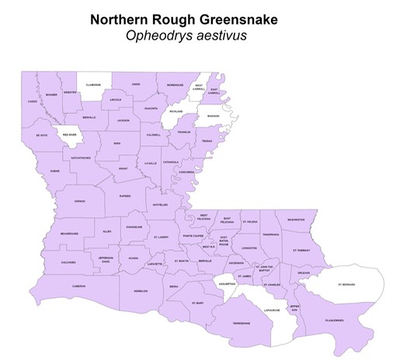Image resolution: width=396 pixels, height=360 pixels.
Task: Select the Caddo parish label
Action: pyautogui.click(x=32, y=101)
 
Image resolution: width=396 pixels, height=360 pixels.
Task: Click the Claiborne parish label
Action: pyautogui.click(x=94, y=85)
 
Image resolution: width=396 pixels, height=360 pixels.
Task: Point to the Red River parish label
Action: pyautogui.click(x=69, y=134)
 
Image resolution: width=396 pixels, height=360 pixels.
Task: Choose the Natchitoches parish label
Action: pyautogui.click(x=81, y=157)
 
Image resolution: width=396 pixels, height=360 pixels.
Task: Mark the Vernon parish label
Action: pyautogui.click(x=79, y=200)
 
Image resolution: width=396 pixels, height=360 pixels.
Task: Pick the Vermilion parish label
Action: pyautogui.click(x=141, y=290)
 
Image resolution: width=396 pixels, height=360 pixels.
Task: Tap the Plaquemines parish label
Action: pyautogui.click(x=333, y=319)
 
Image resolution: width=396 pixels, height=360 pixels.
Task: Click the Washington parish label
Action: pyautogui.click(x=296, y=220)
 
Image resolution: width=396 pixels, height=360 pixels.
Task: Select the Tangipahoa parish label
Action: pyautogui.click(x=271, y=234)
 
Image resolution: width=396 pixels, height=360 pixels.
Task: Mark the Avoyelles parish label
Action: pyautogui.click(x=160, y=205)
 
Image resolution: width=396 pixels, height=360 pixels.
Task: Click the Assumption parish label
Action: pyautogui.click(x=228, y=284)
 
